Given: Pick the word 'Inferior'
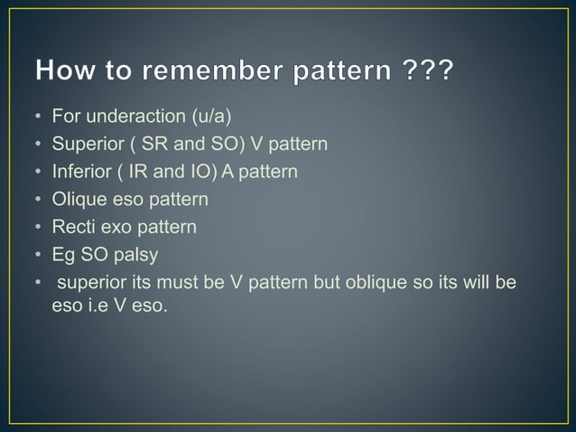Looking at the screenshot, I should (x=79, y=171).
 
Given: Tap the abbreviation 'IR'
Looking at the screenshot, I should (x=131, y=171).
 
